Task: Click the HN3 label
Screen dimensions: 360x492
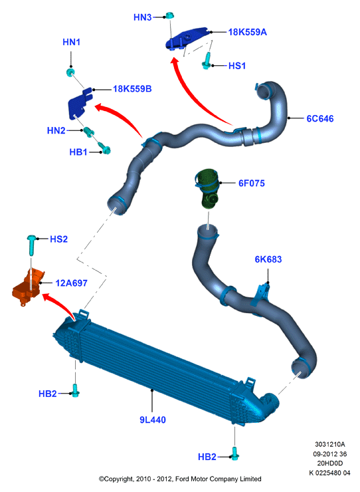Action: coord(142,17)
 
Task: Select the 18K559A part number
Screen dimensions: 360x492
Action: coord(248,32)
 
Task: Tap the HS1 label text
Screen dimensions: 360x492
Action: coord(236,66)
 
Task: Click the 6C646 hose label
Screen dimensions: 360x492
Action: coord(320,118)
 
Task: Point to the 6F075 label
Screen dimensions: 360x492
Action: coord(252,183)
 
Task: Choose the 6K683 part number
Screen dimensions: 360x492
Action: coord(268,259)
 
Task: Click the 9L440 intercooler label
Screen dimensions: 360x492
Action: coord(152,420)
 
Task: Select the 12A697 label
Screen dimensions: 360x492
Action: coord(71,283)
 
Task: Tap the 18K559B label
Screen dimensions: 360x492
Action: coord(132,89)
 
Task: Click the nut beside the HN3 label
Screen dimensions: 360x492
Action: coord(169,15)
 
